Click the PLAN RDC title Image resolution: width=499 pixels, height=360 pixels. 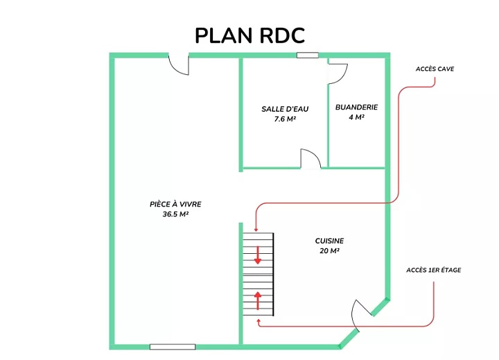click(x=249, y=35)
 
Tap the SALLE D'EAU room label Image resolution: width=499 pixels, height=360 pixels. click(x=285, y=109)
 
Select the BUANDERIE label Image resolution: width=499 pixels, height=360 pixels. click(x=356, y=108)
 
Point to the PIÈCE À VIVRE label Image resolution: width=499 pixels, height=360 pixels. click(x=175, y=204)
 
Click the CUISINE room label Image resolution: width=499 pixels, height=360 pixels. click(x=329, y=241)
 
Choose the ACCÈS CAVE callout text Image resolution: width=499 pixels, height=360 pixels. click(x=435, y=69)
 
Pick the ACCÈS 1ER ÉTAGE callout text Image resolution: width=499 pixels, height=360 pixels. click(x=433, y=270)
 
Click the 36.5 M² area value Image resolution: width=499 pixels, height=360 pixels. click(x=175, y=214)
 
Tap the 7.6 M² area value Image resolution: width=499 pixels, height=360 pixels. click(x=285, y=119)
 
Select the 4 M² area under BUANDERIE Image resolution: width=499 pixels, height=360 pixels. click(x=356, y=117)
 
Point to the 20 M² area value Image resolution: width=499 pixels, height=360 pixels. click(x=329, y=251)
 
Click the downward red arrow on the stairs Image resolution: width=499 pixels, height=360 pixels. click(x=257, y=255)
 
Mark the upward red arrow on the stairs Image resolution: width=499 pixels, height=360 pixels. click(x=257, y=301)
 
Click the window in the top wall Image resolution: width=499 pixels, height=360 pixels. click(x=308, y=55)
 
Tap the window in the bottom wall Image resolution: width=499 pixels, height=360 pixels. click(x=173, y=347)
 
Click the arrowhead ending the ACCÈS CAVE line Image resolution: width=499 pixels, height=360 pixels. click(x=256, y=230)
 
